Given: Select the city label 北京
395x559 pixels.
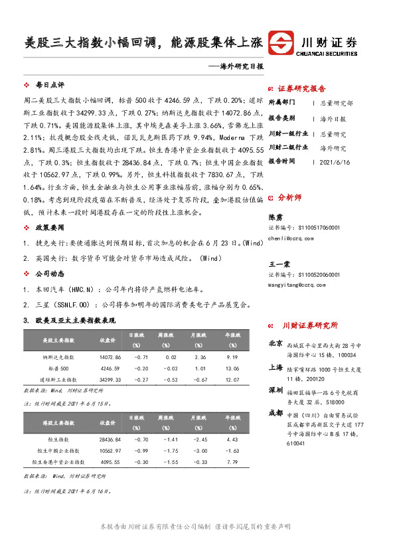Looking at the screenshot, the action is point(276,344).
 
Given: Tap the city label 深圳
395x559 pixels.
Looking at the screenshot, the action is point(276,389).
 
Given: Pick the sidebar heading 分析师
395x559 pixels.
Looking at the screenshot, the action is point(289,197).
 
